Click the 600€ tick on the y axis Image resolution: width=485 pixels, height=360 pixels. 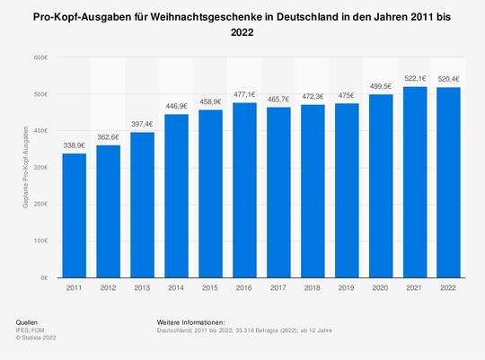coord(40,57)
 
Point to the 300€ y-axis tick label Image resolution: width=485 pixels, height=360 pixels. coord(40,168)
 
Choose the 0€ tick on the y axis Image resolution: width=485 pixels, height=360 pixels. coord(43,278)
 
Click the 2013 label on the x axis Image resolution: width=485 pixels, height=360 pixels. coord(142,289)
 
